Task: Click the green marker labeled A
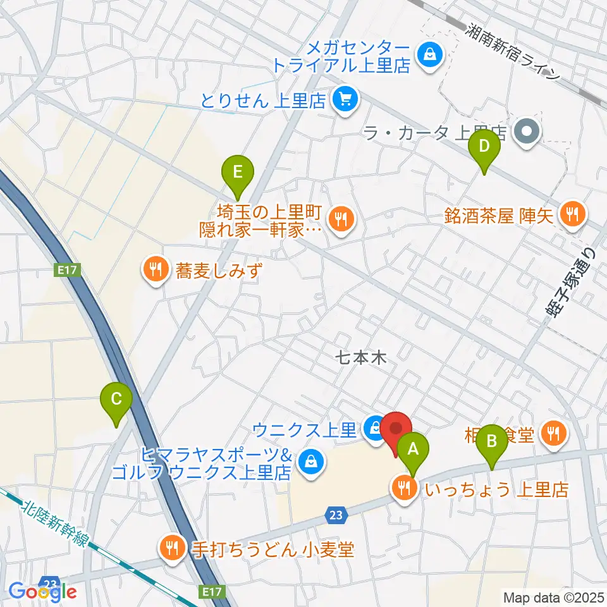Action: [414, 450]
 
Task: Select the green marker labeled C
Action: [116, 400]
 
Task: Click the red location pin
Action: [396, 430]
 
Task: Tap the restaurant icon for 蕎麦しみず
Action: [154, 271]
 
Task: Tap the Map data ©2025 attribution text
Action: [554, 597]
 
